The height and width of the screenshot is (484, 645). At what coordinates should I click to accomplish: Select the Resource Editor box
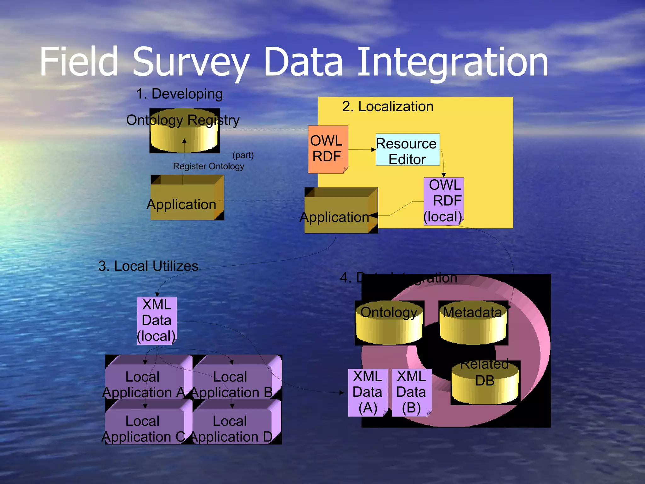click(407, 150)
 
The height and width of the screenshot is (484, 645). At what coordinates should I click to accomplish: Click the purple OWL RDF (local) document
click(443, 201)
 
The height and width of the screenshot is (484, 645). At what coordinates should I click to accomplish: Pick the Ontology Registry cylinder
click(185, 131)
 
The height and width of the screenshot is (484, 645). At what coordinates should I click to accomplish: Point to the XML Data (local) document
click(157, 320)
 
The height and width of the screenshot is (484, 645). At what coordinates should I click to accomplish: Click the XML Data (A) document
click(368, 392)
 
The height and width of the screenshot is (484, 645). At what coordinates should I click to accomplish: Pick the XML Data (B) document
click(411, 392)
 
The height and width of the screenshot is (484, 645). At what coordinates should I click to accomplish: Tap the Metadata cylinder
click(473, 323)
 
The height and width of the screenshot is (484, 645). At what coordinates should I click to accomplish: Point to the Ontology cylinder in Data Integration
click(389, 323)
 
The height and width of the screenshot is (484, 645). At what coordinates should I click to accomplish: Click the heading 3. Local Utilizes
click(148, 266)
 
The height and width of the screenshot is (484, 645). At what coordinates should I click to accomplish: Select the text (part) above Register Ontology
click(243, 155)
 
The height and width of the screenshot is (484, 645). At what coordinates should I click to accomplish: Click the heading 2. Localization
click(388, 107)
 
